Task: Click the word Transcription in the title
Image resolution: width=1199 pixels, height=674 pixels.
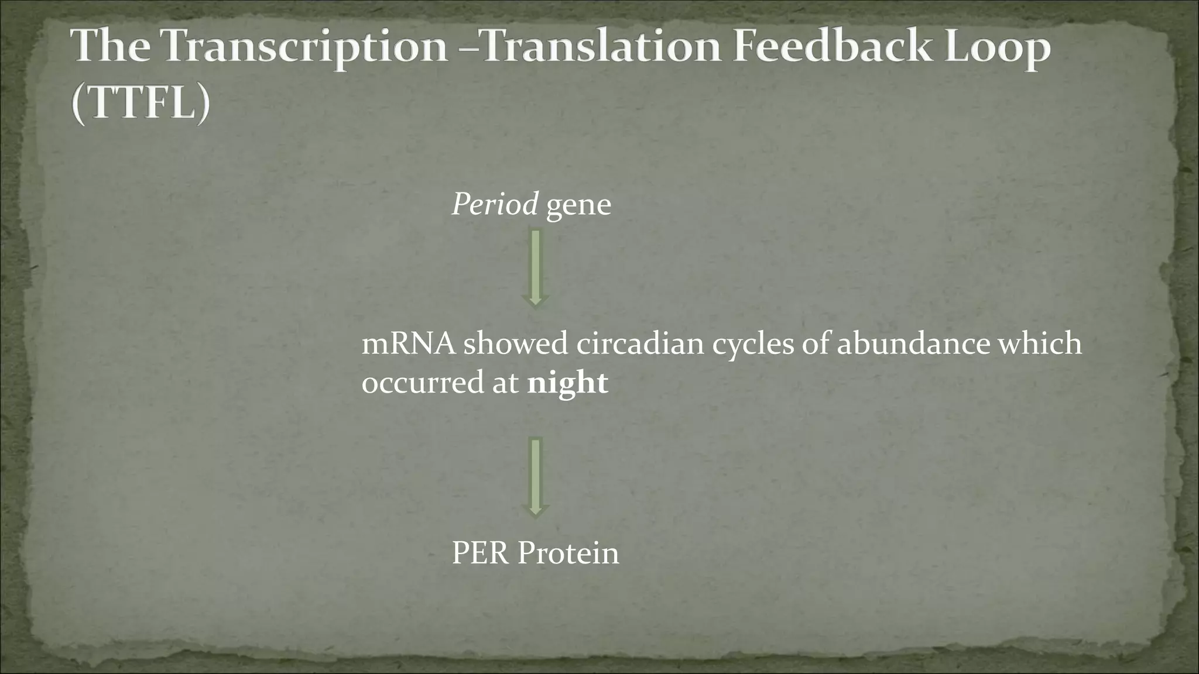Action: pos(304,47)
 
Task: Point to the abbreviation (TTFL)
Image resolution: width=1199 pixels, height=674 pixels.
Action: pos(141,102)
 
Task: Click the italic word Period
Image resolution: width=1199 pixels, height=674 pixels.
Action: pos(495,205)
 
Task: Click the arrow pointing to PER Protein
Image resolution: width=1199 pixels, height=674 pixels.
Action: pos(535,477)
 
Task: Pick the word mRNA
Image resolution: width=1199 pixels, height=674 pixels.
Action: pos(408,343)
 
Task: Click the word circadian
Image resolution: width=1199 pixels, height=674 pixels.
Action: pos(640,343)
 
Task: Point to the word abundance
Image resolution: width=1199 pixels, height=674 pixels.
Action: pos(913,343)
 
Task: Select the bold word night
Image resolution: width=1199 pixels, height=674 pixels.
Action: pos(567,384)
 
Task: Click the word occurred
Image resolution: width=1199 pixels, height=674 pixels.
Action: pos(420,384)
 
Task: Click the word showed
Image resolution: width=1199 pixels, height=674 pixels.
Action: pos(516,343)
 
